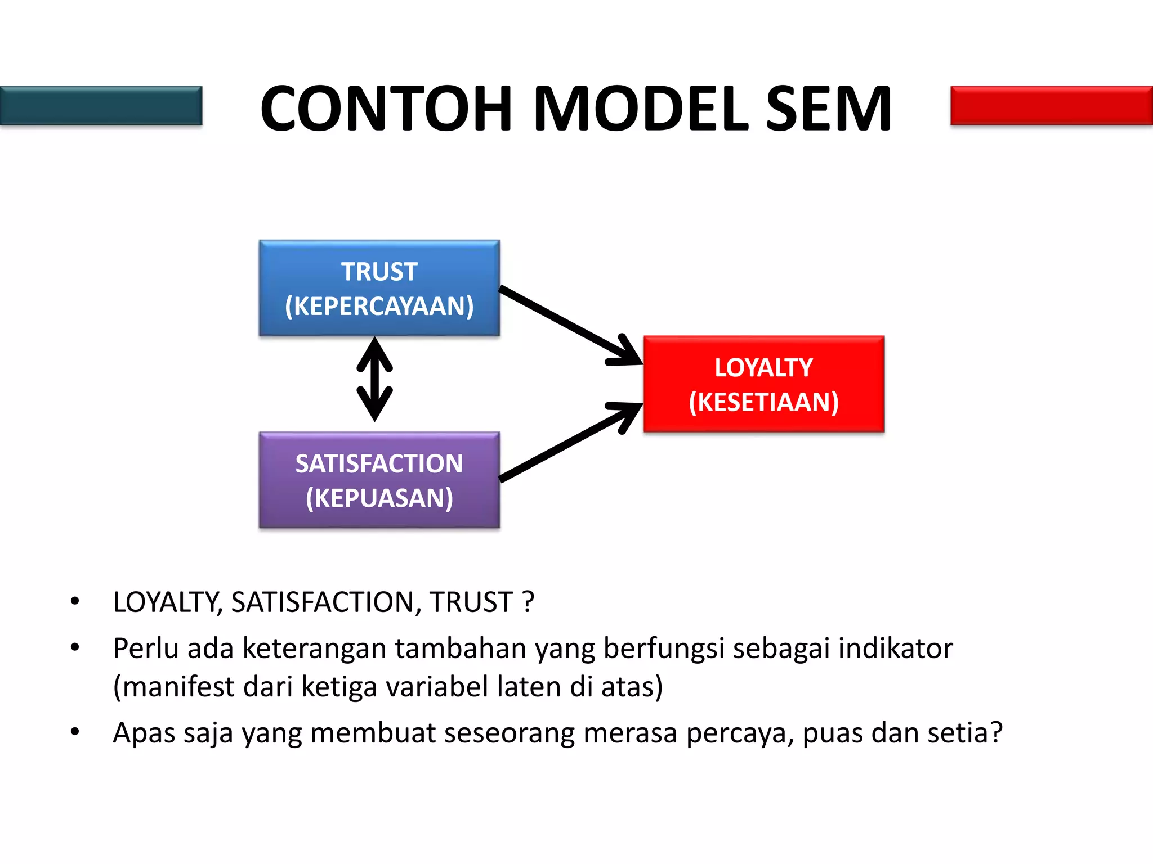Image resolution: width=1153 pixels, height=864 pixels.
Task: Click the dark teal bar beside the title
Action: (101, 105)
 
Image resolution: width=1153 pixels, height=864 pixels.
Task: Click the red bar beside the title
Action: (1051, 105)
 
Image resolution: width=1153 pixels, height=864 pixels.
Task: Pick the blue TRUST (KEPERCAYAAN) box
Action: (379, 288)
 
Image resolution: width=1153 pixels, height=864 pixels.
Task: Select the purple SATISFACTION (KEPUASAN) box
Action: (379, 480)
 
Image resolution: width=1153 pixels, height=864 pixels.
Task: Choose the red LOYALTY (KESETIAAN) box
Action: (763, 384)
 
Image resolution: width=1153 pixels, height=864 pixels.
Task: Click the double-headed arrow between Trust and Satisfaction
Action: (375, 380)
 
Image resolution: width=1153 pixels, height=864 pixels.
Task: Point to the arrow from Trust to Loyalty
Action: (569, 325)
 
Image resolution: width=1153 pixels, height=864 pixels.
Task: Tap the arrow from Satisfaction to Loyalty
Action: (569, 443)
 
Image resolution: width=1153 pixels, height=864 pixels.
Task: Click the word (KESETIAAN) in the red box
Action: (763, 402)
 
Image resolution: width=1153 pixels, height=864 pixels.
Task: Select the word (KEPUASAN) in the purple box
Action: (379, 498)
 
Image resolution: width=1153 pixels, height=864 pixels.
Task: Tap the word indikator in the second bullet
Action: (895, 648)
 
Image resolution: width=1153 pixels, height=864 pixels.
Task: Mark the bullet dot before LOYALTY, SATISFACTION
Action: (75, 602)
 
